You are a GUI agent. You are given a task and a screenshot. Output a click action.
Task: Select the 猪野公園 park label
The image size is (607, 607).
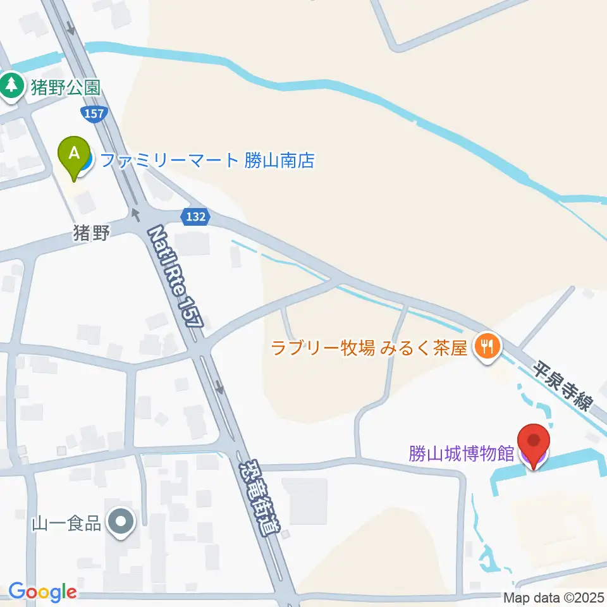coord(63,87)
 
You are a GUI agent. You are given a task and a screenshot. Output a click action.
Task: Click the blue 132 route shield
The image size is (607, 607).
coord(195,216)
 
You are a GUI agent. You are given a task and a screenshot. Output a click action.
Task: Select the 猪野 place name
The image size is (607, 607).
coord(92,235)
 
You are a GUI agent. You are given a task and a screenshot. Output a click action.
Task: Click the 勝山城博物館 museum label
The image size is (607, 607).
coord(461,454)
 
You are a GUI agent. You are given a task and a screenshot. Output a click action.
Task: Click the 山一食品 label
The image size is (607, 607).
coord(66,524)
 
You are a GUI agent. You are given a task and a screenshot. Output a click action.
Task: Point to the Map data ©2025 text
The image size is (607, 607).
coord(554,597)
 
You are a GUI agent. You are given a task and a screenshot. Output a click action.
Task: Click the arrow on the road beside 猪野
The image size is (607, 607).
coord(135,214)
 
